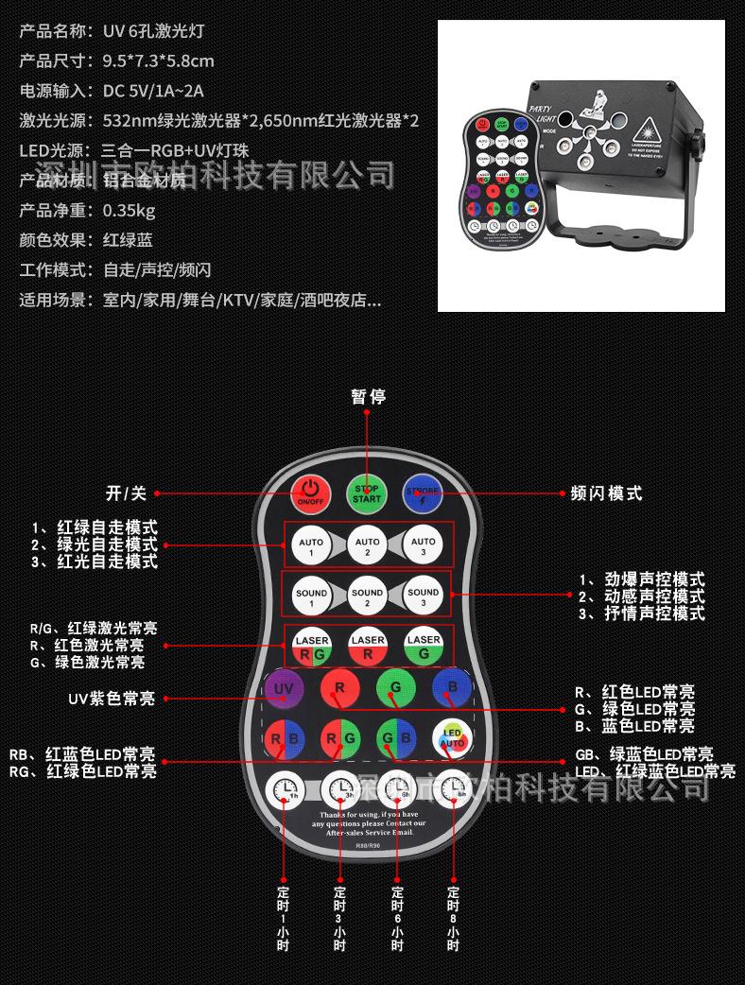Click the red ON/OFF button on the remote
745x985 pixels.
pyautogui.click(x=310, y=492)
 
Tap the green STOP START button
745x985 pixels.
pyautogui.click(x=367, y=492)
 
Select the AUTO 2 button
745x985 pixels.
pyautogui.click(x=367, y=545)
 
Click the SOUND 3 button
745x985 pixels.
pyautogui.click(x=423, y=596)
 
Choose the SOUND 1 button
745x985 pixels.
pyautogui.click(x=311, y=596)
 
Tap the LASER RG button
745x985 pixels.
pyautogui.click(x=311, y=646)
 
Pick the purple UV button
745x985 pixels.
pyautogui.click(x=283, y=689)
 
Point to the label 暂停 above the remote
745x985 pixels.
pyautogui.click(x=368, y=397)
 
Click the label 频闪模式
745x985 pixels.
pyautogui.click(x=606, y=493)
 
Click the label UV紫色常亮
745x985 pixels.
pyautogui.click(x=112, y=699)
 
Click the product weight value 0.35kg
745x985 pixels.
pyautogui.click(x=129, y=210)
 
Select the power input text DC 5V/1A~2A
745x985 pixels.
pyautogui.click(x=152, y=91)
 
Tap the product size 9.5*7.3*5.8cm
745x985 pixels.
pyautogui.click(x=158, y=61)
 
